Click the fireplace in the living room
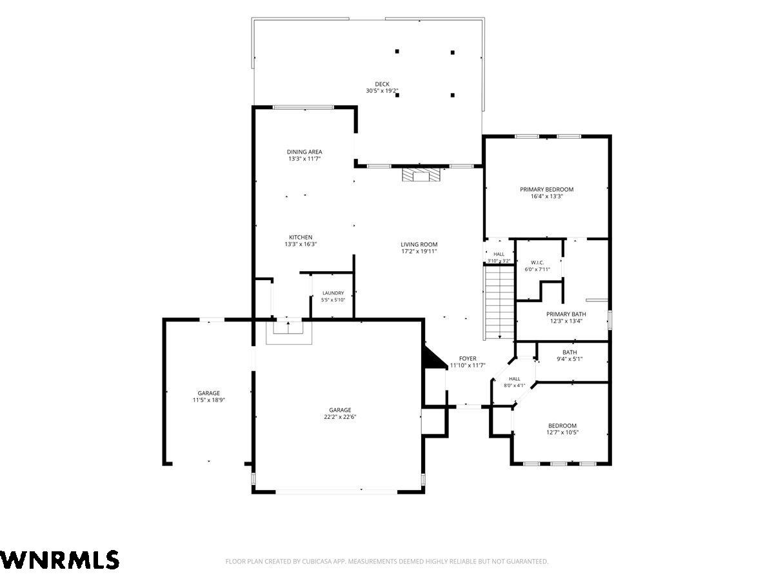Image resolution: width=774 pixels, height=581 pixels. tap(421, 174)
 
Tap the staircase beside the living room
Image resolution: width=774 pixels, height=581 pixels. tap(499, 302)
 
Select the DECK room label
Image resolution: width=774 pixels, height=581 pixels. tap(382, 84)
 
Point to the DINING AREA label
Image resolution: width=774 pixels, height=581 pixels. tap(304, 152)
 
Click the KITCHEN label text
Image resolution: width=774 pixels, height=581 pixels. tap(301, 237)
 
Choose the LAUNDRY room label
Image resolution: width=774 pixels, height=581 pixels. tap(333, 293)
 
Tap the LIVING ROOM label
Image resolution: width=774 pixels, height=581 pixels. tap(419, 244)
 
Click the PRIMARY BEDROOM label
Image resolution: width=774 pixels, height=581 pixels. tap(546, 189)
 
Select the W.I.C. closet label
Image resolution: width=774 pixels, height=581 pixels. tap(537, 263)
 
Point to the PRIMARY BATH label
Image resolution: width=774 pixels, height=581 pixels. tap(566, 314)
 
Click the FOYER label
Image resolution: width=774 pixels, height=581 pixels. tap(468, 358)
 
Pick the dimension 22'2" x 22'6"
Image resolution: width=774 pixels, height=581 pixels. tap(340, 416)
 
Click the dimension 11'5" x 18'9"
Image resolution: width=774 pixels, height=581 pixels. tap(209, 400)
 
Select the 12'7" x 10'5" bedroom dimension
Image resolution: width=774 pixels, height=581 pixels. tap(562, 432)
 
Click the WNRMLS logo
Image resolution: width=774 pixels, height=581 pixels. tap(59, 560)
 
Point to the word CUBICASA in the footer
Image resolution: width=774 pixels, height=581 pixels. tap(315, 561)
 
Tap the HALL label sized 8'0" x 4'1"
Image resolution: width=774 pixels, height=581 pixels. tap(515, 382)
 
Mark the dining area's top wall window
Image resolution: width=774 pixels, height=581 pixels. tap(303, 107)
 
